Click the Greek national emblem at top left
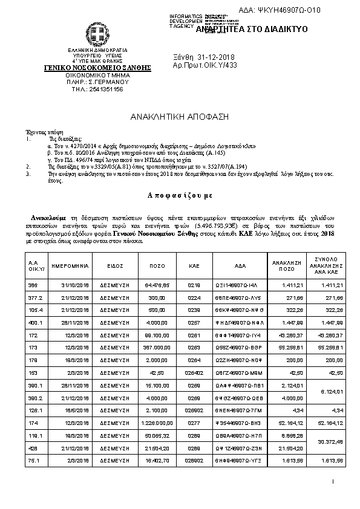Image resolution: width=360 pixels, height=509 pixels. pyautogui.click(x=97, y=34)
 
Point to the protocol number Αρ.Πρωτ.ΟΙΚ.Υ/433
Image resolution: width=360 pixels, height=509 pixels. pyautogui.click(x=205, y=65)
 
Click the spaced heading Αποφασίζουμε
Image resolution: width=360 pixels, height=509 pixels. pyautogui.click(x=180, y=196)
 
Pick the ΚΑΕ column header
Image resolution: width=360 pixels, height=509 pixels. pyautogui.click(x=194, y=265)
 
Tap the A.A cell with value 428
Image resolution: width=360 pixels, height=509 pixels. pyautogui.click(x=33, y=447)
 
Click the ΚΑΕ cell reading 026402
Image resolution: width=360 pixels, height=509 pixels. pyautogui.click(x=194, y=372)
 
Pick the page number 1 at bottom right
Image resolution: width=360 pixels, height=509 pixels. pyautogui.click(x=333, y=481)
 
